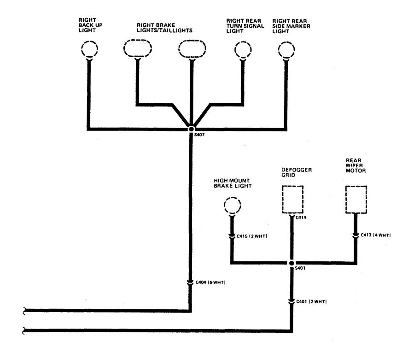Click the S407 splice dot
[191, 129]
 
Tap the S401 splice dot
[291, 263]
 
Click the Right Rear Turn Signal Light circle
[243, 49]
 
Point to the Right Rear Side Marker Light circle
[286, 49]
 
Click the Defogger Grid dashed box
[292, 199]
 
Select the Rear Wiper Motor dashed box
[356, 199]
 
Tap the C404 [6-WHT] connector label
[210, 282]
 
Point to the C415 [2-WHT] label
[251, 236]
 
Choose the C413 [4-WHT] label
[375, 235]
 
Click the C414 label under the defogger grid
[301, 217]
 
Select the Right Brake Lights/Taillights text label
[164, 27]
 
